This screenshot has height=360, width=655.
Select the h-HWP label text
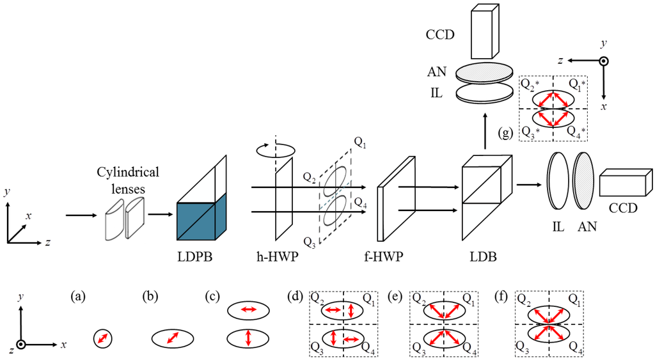tap(278, 256)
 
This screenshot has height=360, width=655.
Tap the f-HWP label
tap(383, 256)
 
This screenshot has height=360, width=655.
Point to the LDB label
tap(484, 256)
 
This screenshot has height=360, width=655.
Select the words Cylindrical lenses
tap(128, 180)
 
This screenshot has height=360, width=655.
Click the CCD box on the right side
tap(626, 182)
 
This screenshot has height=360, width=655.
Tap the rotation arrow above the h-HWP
tap(275, 150)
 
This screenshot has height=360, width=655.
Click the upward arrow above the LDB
tap(485, 130)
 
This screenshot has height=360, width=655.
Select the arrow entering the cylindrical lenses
tap(81, 215)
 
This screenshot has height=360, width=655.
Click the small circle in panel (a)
tap(103, 338)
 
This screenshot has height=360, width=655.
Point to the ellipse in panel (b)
tap(173, 338)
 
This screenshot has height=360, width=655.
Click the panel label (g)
tap(506, 134)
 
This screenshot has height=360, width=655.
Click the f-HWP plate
tap(396, 199)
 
